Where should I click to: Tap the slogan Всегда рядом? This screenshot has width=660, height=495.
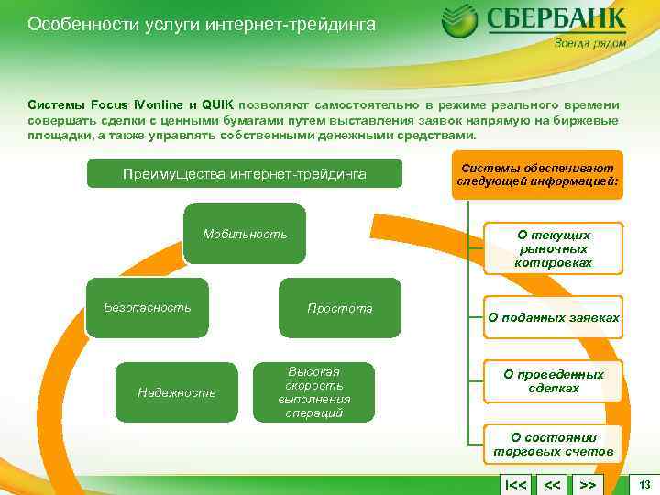tap(590, 43)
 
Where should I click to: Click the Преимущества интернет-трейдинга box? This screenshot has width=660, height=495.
tap(244, 174)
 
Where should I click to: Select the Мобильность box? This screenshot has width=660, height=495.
tap(245, 234)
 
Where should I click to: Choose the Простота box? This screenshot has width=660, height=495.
tap(339, 308)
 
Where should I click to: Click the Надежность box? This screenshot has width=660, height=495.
tap(176, 392)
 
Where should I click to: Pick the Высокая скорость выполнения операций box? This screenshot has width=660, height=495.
tap(313, 392)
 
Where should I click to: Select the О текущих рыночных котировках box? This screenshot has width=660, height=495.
tap(553, 248)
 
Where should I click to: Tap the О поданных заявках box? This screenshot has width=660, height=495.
tap(553, 318)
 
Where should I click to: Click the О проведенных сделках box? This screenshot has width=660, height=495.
tap(553, 381)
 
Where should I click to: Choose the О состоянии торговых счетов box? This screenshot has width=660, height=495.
tap(553, 445)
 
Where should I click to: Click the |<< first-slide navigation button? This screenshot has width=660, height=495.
tap(515, 484)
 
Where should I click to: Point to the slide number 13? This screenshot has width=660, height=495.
tap(644, 484)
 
